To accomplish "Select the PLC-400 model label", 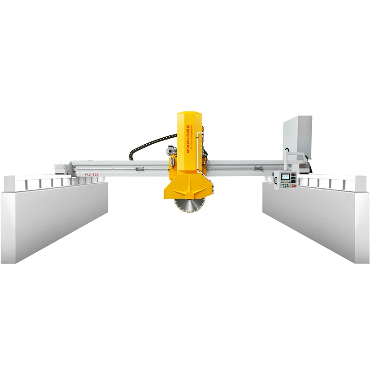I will click(x=91, y=174).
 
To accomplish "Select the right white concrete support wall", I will click(x=315, y=218).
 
